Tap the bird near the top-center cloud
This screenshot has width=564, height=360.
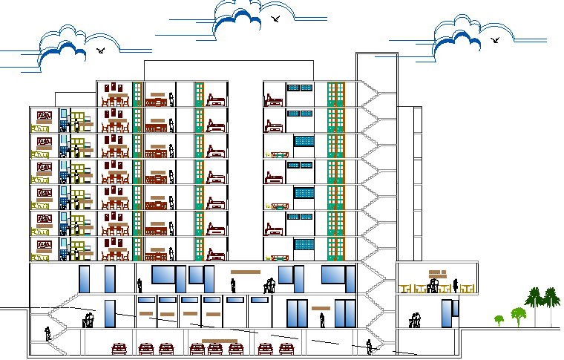coord(276,19)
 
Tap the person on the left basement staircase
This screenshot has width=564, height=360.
coord(47,333)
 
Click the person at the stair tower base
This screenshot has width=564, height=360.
coord(370,347)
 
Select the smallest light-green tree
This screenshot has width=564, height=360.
coord(499,320)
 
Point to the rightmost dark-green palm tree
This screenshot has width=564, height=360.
coord(551,299)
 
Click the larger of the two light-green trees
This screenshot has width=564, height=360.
coord(517,315)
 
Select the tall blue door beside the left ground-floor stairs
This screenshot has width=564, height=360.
coord(110,312)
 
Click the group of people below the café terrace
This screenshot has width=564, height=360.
coord(415,320)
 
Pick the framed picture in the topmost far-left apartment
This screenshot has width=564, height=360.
coord(44,116)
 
